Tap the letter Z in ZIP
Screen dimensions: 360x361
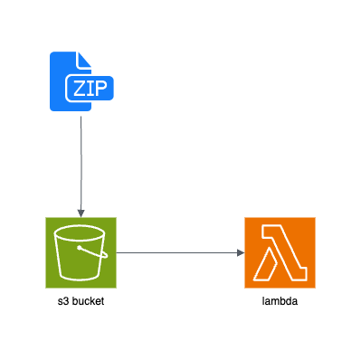tap(78, 88)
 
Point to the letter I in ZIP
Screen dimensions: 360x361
tap(90, 88)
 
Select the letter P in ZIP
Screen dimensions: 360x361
tap(101, 88)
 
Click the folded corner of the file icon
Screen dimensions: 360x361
tap(84, 58)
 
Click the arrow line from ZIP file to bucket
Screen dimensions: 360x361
tap(81, 163)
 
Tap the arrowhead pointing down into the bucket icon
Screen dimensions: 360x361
tap(81, 213)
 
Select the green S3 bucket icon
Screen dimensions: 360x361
tap(81, 252)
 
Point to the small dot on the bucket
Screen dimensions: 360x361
tap(80, 247)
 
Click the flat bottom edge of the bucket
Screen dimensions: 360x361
tap(81, 278)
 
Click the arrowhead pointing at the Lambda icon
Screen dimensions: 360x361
tap(241, 252)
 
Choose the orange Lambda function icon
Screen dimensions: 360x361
tap(280, 252)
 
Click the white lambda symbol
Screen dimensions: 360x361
tap(280, 253)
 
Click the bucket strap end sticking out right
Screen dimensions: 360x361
tap(105, 255)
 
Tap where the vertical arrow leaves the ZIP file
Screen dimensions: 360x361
tap(81, 116)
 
